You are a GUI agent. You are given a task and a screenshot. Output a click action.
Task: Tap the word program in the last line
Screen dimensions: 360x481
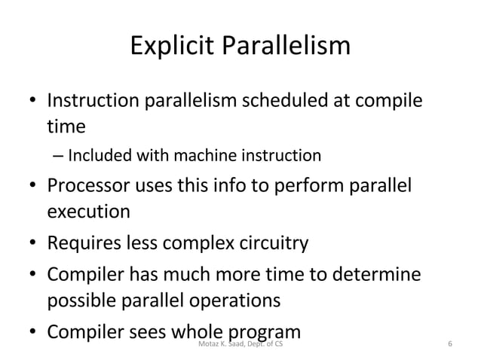point(268,330)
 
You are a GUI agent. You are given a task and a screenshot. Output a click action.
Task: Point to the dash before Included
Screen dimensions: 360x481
point(59,157)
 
